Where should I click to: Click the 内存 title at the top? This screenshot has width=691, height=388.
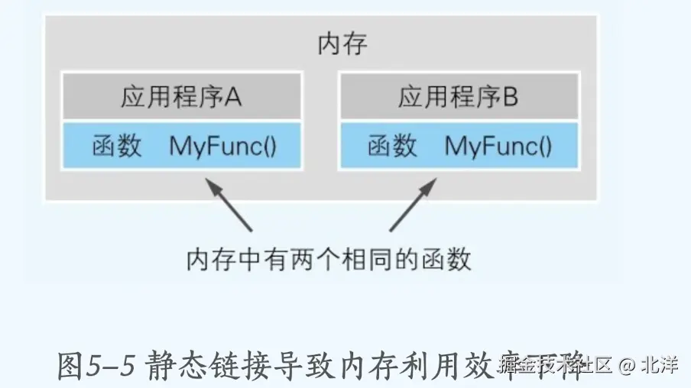coord(342,44)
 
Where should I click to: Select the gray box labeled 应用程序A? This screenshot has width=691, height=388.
coord(181,97)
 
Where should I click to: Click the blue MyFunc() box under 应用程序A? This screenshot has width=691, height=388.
coord(181,145)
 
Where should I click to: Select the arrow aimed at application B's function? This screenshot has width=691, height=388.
coord(414,204)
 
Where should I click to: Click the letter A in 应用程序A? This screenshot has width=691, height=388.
coord(232,97)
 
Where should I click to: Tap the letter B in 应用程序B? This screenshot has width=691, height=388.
coord(510,97)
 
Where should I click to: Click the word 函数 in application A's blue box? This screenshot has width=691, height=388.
coord(118,145)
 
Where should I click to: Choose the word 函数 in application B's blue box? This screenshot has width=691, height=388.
coord(393,145)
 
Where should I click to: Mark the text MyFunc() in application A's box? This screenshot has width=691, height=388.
coord(223,145)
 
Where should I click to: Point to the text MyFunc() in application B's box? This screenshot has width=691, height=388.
coord(498,145)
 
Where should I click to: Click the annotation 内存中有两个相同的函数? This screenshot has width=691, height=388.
coord(329,260)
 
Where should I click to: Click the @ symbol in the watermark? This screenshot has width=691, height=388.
coord(627,365)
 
